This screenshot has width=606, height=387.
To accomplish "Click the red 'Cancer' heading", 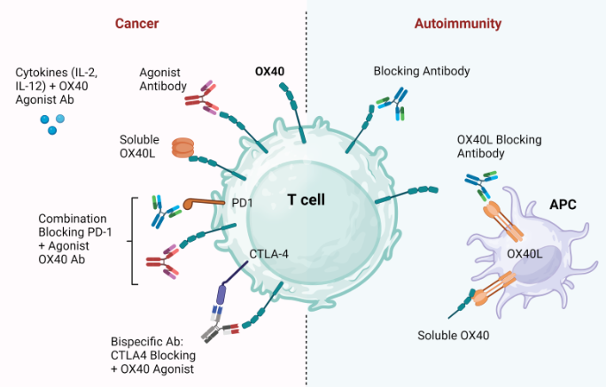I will point(136,23).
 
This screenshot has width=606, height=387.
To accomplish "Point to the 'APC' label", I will point(562,205).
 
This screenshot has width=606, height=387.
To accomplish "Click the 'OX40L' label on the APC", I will point(524,254).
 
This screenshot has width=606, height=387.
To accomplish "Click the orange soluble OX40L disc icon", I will point(183,148).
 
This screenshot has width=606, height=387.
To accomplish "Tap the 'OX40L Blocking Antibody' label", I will point(499,146).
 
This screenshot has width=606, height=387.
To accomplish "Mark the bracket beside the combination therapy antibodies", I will point(134,240).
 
